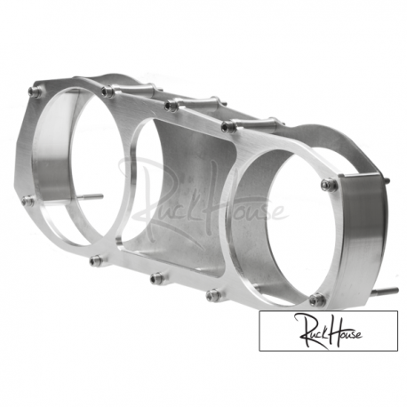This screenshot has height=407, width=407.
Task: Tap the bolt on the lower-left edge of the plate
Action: tap(28, 202)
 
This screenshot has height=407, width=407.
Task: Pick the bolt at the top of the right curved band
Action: tap(328, 186)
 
